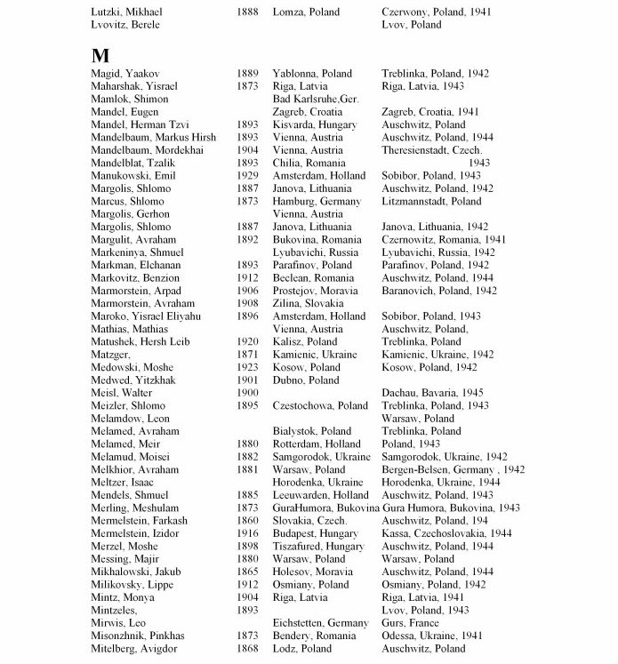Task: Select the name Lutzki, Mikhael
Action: tap(128, 12)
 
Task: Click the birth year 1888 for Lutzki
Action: tap(248, 12)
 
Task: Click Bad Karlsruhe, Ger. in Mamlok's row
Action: tap(316, 100)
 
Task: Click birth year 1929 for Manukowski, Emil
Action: tap(248, 176)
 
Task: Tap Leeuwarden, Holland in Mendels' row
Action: tap(320, 495)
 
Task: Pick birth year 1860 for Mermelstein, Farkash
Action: tap(248, 521)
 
